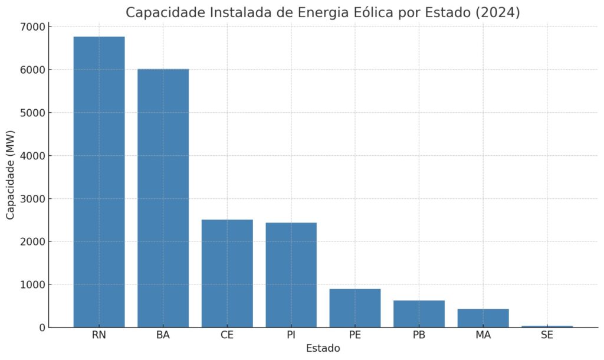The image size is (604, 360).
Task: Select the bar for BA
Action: (163, 198)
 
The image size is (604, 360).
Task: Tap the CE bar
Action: (227, 273)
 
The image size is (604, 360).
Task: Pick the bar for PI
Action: (291, 275)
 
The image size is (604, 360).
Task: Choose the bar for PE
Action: (355, 308)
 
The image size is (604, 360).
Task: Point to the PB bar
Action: (419, 314)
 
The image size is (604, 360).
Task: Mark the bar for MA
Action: (483, 318)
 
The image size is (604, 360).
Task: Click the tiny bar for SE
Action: (547, 326)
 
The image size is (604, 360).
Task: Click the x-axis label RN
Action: (99, 335)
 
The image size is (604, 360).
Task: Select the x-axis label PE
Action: (355, 335)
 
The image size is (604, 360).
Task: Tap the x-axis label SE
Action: (547, 335)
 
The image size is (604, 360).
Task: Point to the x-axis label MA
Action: (483, 335)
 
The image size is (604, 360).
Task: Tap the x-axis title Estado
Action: (323, 348)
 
